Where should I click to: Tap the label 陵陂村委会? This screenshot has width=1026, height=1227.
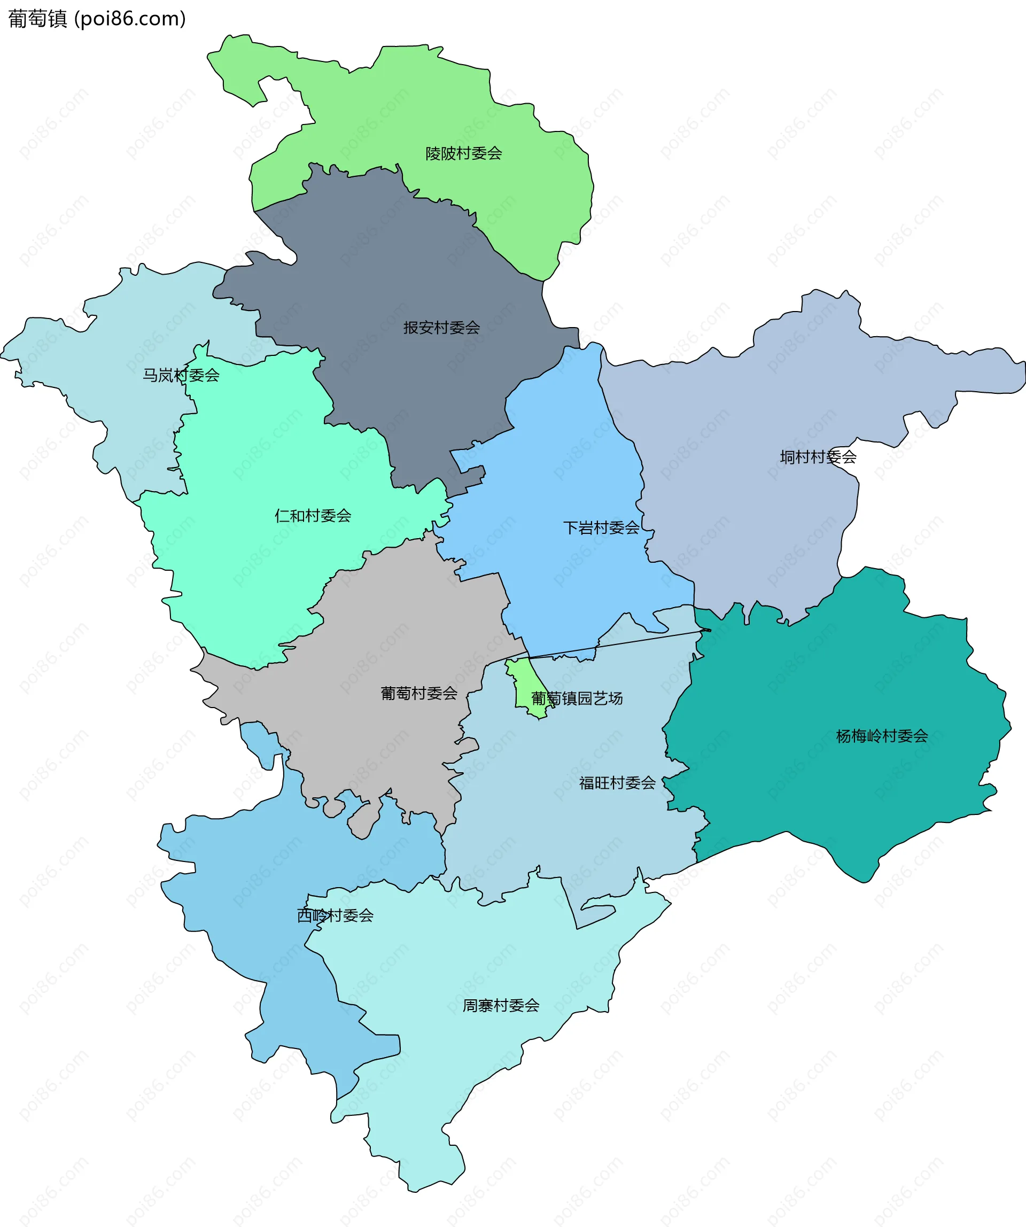pos(463,154)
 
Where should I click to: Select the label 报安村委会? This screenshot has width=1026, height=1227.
pos(441,328)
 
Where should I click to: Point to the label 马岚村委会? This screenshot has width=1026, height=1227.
pos(181,375)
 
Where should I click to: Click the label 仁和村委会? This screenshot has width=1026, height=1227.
pos(313,515)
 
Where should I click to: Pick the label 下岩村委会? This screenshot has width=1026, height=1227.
pos(601,527)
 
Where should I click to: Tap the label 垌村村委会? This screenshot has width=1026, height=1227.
pos(818,457)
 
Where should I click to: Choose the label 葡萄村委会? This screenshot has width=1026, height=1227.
pos(419,693)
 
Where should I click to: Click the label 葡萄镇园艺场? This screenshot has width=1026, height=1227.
pos(577,698)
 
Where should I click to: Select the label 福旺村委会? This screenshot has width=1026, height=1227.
pos(617,783)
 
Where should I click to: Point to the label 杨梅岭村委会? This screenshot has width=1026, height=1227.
pos(882,736)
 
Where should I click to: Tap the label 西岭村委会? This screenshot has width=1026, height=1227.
pos(335,915)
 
